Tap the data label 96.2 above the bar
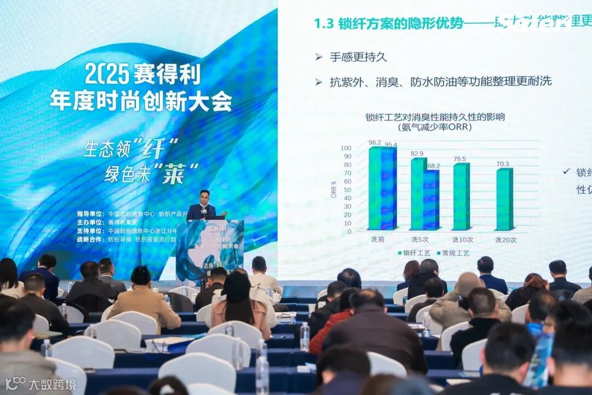374,143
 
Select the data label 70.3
502,163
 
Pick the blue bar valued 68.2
431,200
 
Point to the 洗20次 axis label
506,240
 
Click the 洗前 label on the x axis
378,240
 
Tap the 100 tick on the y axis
346,148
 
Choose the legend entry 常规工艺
456,253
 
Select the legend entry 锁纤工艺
415,253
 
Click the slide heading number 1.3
323,24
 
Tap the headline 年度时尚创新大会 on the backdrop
141,100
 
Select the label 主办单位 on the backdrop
89,222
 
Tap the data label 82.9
417,154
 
